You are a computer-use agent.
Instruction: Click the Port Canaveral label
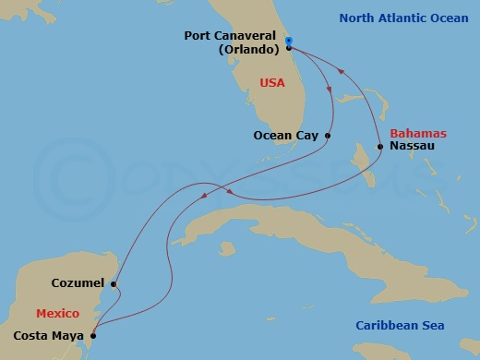click(x=234, y=36)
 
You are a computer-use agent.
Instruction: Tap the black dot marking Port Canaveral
click(x=289, y=48)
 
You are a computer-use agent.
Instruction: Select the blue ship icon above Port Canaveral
click(x=289, y=41)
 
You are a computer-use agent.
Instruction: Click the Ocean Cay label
click(x=285, y=136)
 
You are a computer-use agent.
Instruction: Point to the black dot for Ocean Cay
click(x=329, y=136)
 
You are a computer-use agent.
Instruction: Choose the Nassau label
click(x=410, y=146)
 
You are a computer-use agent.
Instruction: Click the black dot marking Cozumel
click(x=113, y=284)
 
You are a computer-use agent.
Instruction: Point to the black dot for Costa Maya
click(x=92, y=334)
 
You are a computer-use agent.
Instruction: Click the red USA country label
click(x=273, y=83)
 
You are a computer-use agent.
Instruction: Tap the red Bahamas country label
click(x=413, y=132)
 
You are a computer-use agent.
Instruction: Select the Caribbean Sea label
click(x=400, y=325)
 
